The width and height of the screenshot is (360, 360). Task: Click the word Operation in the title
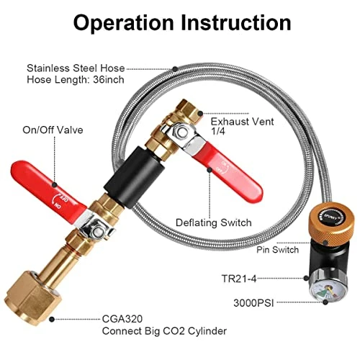[123, 22]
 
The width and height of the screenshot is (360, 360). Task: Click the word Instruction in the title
[236, 22]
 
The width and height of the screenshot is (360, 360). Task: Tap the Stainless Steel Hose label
[76, 68]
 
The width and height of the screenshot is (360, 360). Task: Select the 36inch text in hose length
[109, 79]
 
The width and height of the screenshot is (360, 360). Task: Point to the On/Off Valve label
[53, 130]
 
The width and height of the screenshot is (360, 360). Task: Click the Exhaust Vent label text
[242, 122]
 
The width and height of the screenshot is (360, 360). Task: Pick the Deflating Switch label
[214, 222]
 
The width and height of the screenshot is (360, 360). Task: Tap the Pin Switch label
[277, 250]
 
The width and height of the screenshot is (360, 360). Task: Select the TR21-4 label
[239, 279]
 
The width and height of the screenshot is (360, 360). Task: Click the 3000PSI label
[253, 303]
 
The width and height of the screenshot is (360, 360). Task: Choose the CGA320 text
[122, 319]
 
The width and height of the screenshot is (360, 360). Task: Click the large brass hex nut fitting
[33, 297]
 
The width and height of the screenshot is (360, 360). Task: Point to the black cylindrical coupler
[135, 177]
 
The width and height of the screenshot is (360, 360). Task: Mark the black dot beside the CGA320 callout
[52, 319]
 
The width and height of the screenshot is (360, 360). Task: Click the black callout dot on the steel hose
[176, 69]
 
